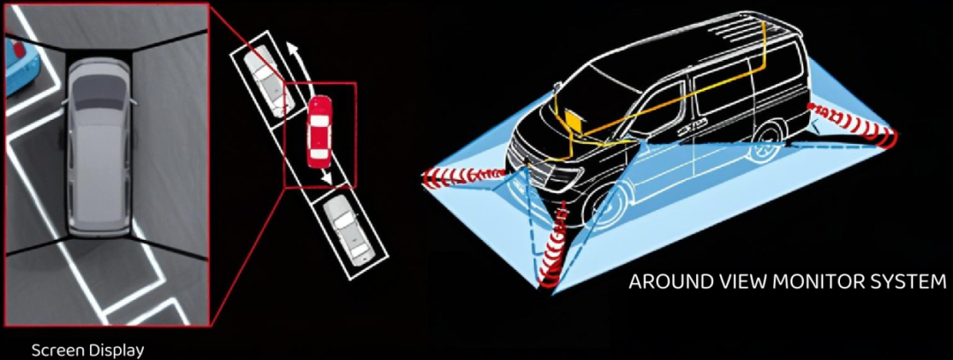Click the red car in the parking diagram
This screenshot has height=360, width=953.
coord(319,131)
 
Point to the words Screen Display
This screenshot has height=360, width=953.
coord(87,351)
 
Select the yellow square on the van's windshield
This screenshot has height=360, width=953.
coord(572,120)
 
